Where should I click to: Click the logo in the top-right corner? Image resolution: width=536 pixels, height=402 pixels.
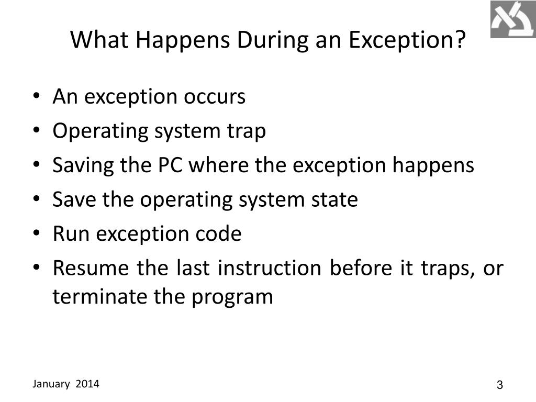coord(512,19)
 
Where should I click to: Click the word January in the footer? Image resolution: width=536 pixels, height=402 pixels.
coord(51,384)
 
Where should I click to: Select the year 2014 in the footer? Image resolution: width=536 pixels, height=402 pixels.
coord(87,384)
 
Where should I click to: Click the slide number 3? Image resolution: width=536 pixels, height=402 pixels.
coord(499,385)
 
